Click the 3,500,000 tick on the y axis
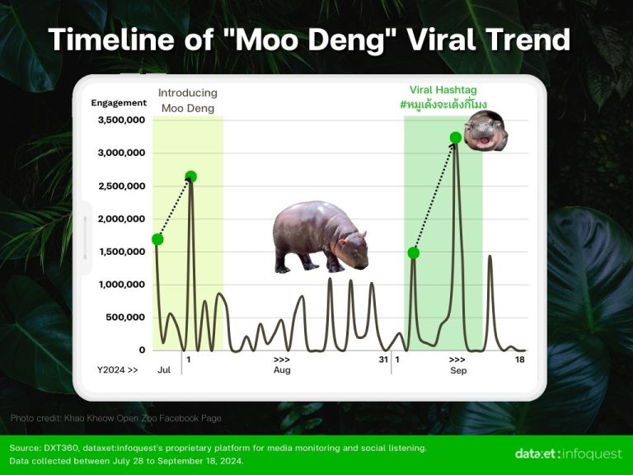[x=121, y=120]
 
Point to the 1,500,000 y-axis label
[x=121, y=252]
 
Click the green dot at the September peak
[x=456, y=137]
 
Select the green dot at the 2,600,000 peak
[x=191, y=176]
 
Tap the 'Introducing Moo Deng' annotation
[x=187, y=101]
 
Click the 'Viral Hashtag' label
[x=443, y=90]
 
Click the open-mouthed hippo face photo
[x=485, y=132]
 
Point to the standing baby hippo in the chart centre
[x=320, y=237]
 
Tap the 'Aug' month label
[x=282, y=371]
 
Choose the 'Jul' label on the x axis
[x=164, y=371]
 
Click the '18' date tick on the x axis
[x=520, y=360]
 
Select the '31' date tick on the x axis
[x=383, y=360]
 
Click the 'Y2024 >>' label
[x=118, y=371]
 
